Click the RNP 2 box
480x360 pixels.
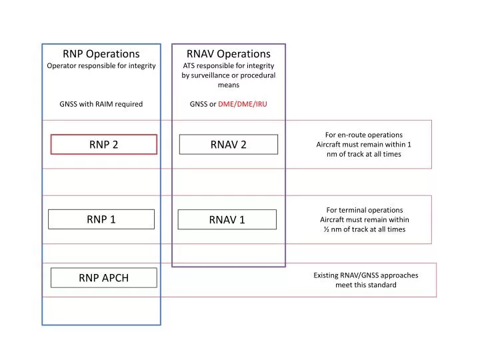coord(103,145)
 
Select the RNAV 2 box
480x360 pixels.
coord(229,145)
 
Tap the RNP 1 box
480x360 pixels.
coord(101,219)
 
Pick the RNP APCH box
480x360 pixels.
coord(103,278)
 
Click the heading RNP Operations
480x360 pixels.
coord(101,53)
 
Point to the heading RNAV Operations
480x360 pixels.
coord(229,53)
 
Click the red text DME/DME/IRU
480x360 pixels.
coord(243,104)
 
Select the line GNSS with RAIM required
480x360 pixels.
coord(101,104)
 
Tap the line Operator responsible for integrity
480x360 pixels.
coord(101,66)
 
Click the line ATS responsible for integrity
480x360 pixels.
coord(229,66)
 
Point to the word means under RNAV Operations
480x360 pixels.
coord(229,85)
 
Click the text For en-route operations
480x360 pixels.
coord(363,135)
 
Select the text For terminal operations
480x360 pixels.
coord(365,210)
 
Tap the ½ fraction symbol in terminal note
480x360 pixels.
coord(327,229)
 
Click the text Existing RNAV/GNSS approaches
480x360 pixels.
coord(366,275)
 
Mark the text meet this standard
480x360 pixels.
coord(366,285)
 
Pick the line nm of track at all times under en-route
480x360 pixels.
coord(363,154)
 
